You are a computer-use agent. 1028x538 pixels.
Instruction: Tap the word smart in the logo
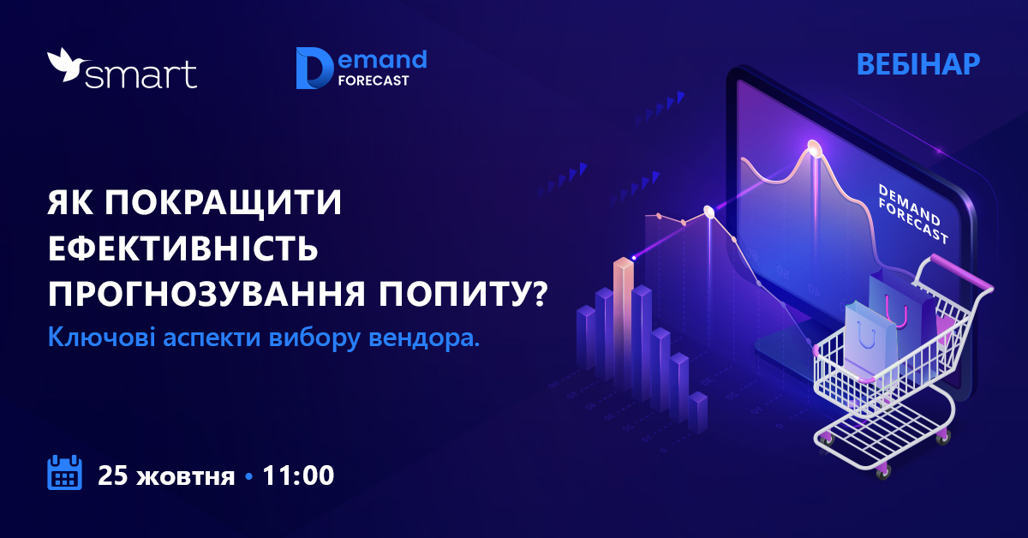pos(140,75)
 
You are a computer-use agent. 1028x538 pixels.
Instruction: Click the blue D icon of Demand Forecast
pos(314,68)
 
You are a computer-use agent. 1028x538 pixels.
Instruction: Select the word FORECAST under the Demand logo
pos(374,81)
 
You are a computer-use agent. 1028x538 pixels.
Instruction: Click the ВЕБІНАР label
pos(918,64)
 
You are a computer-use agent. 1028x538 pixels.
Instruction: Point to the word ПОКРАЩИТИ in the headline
pos(223,202)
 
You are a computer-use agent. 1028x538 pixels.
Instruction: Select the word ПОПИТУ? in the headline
pos(463,293)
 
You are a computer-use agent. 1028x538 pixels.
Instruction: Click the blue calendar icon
pos(65,472)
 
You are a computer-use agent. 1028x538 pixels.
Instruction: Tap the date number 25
pos(112,475)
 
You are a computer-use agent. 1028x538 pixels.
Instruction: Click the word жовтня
pos(186,477)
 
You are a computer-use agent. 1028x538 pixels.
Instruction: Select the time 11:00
pos(298,475)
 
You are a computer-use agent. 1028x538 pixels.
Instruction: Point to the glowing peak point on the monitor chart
pos(814,148)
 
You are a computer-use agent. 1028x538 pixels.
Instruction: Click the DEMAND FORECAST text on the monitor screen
pos(913,214)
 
